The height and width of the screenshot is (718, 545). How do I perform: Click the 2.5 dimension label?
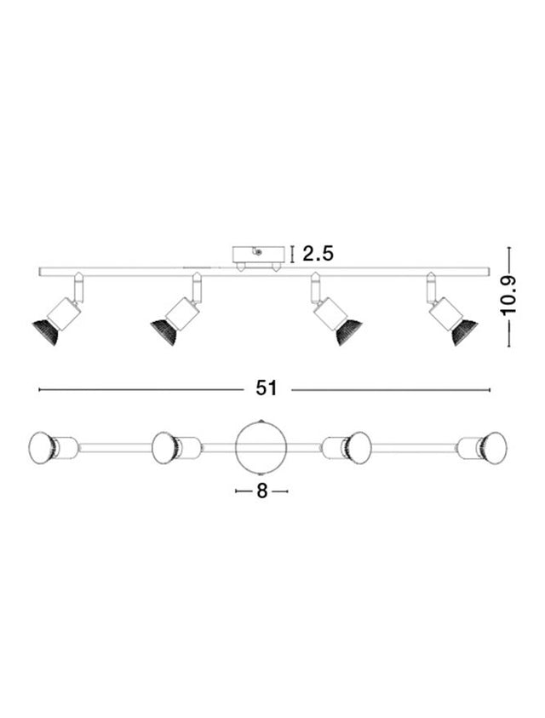[x=318, y=253]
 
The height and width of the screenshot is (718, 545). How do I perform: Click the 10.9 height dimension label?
[x=508, y=296]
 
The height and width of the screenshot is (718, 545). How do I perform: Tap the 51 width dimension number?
[x=267, y=388]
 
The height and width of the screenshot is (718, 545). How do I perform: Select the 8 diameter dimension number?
[x=261, y=491]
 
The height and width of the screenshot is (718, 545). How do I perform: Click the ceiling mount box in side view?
[x=257, y=255]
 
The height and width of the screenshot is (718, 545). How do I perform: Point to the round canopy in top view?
[x=261, y=445]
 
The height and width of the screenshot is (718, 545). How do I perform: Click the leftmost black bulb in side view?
[x=46, y=330]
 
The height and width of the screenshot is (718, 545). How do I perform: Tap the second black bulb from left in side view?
[x=163, y=330]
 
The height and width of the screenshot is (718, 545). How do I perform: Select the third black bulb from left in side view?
[x=349, y=332]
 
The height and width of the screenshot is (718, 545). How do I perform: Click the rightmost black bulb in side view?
[x=464, y=332]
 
